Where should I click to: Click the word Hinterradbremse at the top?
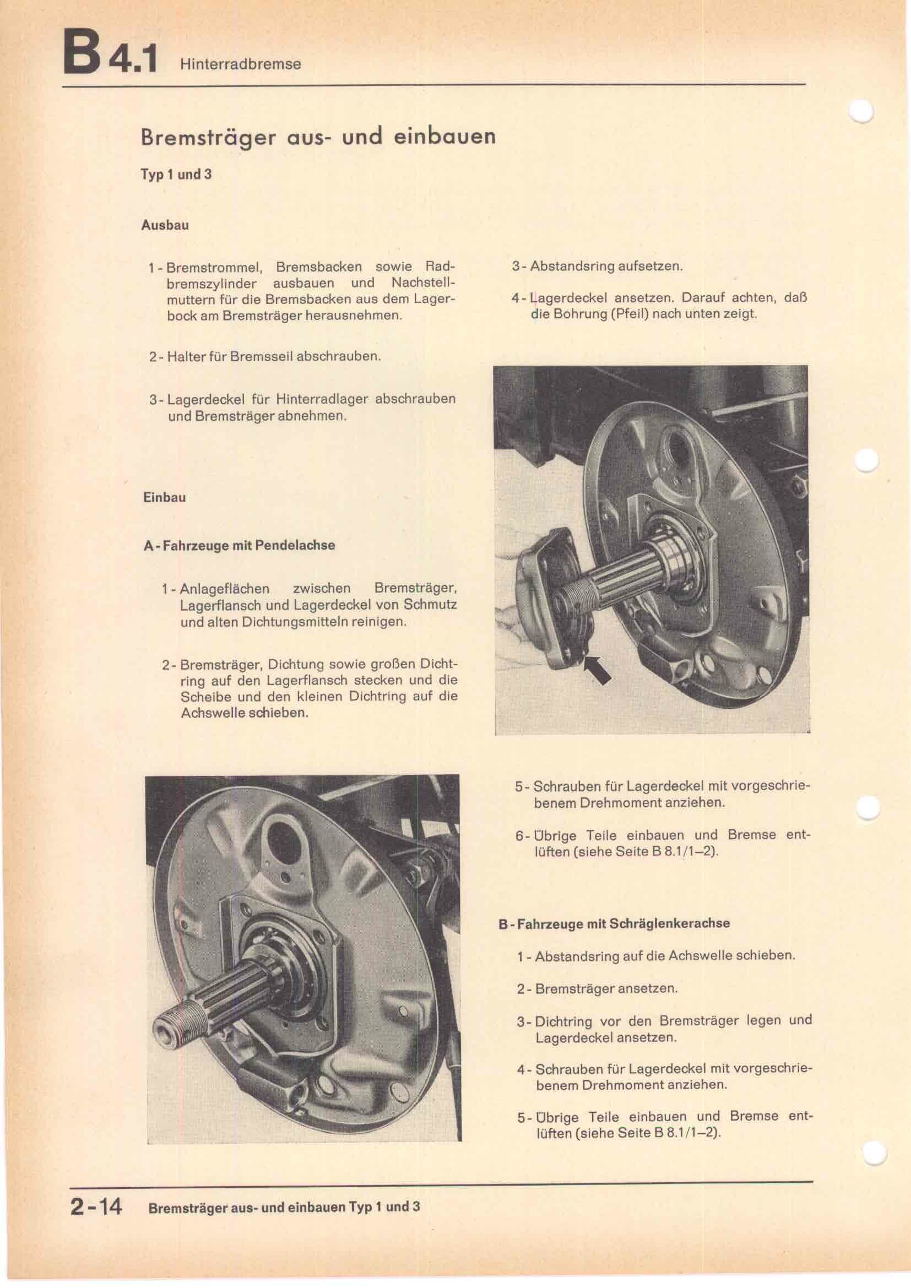tap(241, 64)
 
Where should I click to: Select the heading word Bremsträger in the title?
tap(208, 138)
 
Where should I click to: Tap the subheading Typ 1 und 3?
tap(176, 174)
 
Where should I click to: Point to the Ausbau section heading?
tap(165, 226)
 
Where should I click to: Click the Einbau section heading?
tap(164, 497)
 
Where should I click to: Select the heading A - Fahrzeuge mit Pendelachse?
tap(240, 545)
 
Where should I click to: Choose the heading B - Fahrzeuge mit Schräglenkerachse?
tap(614, 923)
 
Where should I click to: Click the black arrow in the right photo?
tap(598, 669)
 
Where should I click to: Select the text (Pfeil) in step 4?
tap(630, 313)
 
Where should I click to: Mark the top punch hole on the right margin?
tap(863, 111)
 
